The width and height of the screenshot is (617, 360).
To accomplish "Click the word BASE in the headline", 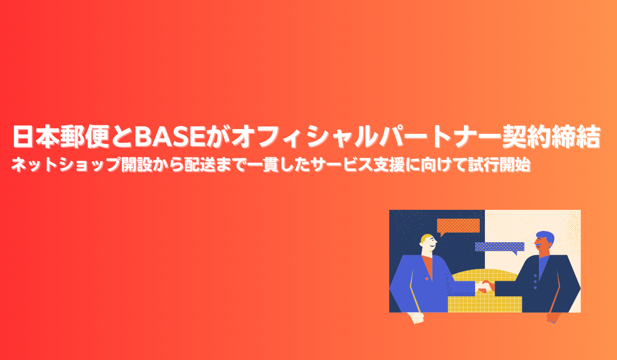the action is pyautogui.click(x=170, y=136).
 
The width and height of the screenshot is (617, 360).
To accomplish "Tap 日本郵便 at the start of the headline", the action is pyautogui.click(x=61, y=136).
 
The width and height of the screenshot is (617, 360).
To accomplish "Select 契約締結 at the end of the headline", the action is pyautogui.click(x=551, y=136).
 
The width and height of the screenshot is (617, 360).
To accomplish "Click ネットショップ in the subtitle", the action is pyautogui.click(x=66, y=165).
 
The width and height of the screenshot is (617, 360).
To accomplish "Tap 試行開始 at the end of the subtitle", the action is pyautogui.click(x=499, y=165).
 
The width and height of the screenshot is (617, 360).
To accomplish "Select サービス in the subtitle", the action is pyautogui.click(x=341, y=165).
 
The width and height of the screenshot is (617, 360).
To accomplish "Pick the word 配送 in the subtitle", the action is pyautogui.click(x=199, y=165).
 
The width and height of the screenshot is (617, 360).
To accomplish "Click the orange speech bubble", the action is pyautogui.click(x=458, y=226).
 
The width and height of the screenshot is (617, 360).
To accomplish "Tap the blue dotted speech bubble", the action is pyautogui.click(x=499, y=247).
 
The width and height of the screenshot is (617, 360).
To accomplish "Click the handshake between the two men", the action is pyautogui.click(x=485, y=287).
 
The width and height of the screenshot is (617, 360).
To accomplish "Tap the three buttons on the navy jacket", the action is pyautogui.click(x=535, y=281).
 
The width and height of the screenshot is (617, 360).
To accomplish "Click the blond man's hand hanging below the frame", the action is pyautogui.click(x=416, y=318).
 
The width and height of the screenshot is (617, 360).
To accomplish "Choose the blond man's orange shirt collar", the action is pyautogui.click(x=427, y=266).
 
